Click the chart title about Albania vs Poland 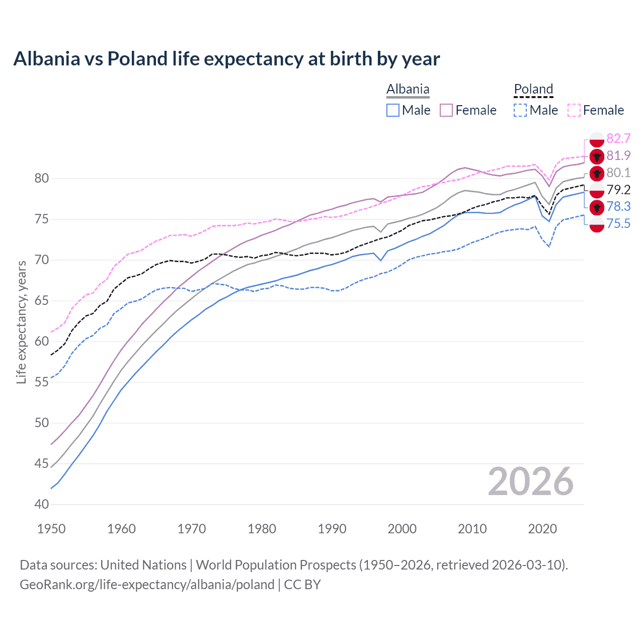coord(226,59)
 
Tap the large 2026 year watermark coord(531,481)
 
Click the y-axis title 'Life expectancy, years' coord(21,322)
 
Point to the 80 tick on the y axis coord(42,179)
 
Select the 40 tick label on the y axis coord(42,504)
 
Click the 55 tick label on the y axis coord(42,382)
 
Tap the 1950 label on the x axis coord(51,529)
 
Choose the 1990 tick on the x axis coord(332,529)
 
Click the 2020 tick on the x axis coord(542,529)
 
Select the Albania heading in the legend coord(408,90)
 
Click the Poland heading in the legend coord(533,90)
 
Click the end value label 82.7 coord(618,138)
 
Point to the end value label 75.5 coord(618,223)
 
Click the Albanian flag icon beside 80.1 coord(597,174)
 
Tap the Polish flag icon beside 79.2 coord(597,190)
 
